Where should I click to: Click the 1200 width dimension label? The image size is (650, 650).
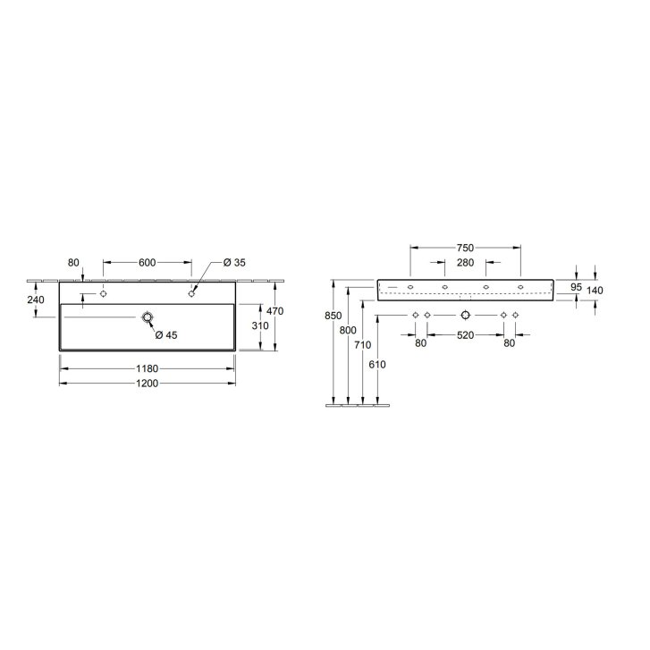click(x=148, y=384)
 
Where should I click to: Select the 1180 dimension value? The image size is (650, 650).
click(x=148, y=368)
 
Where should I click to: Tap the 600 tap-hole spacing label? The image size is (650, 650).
click(x=148, y=262)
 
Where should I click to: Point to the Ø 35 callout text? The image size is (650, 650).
click(x=234, y=262)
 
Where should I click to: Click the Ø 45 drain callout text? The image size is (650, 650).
click(x=166, y=335)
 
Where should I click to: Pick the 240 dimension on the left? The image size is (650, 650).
click(x=36, y=300)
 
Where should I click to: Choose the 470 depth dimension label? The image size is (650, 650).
click(x=274, y=311)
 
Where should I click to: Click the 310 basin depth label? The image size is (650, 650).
click(x=260, y=325)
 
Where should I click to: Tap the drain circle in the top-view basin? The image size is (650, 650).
click(x=148, y=317)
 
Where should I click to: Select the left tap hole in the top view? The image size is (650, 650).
click(x=103, y=294)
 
